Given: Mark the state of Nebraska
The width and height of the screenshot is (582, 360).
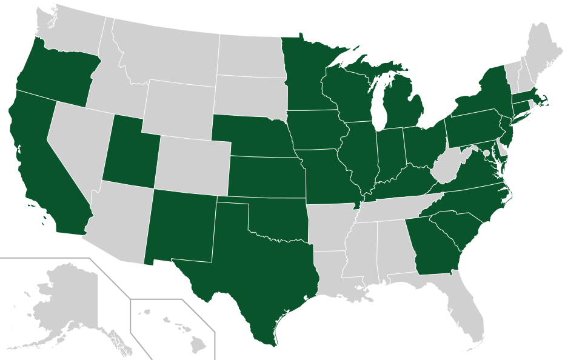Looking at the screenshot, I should (x=249, y=136).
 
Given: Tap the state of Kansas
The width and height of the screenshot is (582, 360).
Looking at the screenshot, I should (x=267, y=176).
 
